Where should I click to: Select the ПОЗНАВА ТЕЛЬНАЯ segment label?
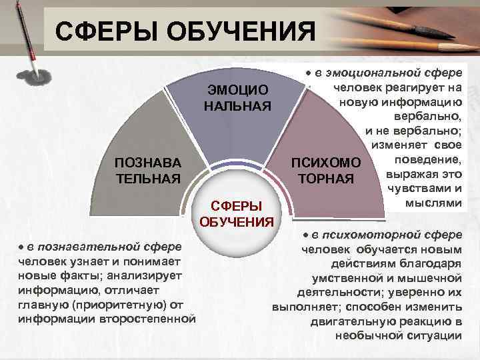148,171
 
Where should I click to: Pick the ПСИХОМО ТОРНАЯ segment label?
326,171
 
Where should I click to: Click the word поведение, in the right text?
434,160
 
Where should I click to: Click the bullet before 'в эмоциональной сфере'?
308,71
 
